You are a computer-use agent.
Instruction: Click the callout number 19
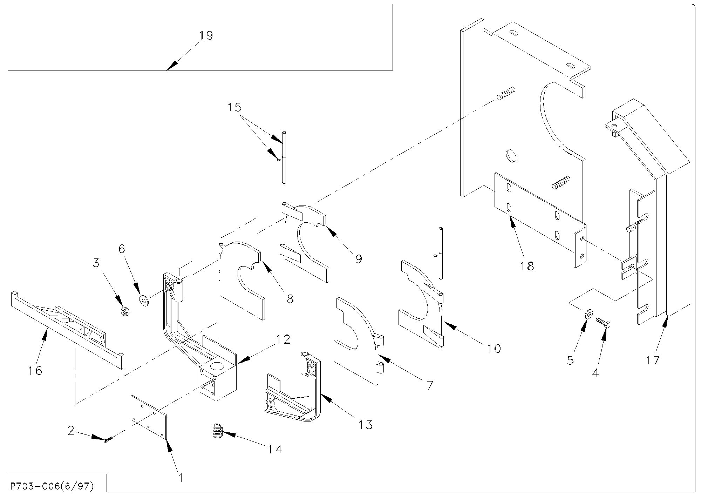(206, 36)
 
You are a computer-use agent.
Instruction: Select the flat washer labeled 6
(144, 301)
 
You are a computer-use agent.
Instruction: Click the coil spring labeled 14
(218, 431)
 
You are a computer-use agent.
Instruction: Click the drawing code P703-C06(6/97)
(52, 487)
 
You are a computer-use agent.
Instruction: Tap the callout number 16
(35, 370)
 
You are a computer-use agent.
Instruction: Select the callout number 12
(283, 339)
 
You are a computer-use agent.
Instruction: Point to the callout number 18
(527, 266)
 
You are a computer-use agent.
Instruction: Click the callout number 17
(653, 360)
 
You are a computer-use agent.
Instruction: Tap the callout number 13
(366, 425)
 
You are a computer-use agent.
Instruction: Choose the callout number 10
(494, 349)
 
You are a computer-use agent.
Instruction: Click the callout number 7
(430, 385)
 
